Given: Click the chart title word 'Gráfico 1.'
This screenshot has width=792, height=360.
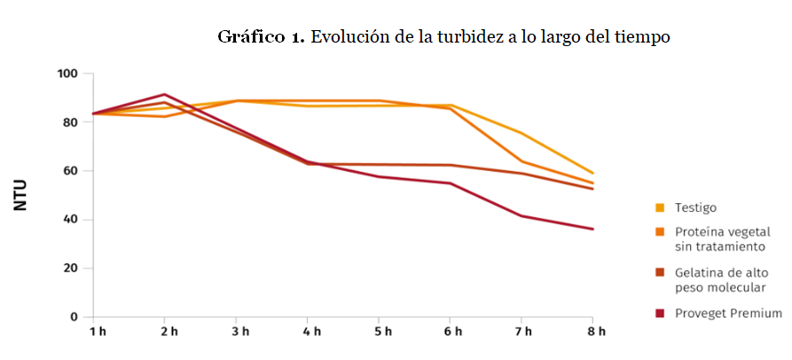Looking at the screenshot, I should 262,37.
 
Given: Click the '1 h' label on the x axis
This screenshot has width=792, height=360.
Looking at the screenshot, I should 97,332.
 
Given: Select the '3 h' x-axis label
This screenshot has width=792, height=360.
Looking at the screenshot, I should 239,332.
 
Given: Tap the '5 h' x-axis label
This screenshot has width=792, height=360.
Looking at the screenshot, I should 381,332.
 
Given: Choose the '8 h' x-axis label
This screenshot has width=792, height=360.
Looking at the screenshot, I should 596,332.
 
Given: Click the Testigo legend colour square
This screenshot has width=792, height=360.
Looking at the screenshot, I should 659,208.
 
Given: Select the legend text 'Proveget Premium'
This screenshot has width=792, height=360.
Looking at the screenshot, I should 729,313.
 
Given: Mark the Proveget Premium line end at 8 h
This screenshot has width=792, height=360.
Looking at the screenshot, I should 592,229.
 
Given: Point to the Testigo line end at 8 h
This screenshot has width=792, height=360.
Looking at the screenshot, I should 592,173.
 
